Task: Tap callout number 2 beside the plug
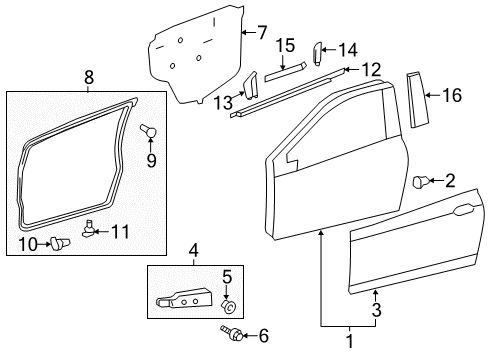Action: pyautogui.click(x=449, y=181)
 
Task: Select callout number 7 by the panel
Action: pyautogui.click(x=262, y=32)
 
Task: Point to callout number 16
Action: pyautogui.click(x=452, y=95)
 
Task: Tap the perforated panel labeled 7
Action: pyautogui.click(x=195, y=55)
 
